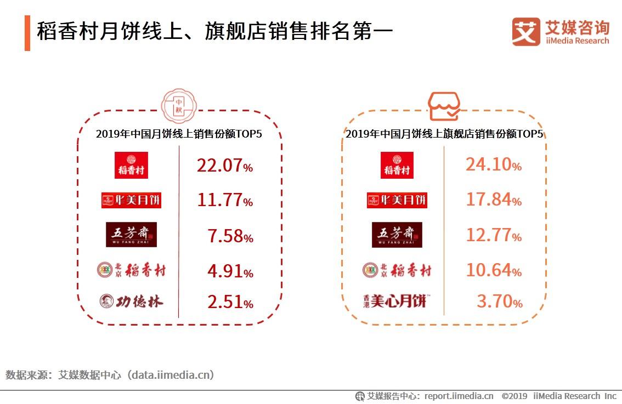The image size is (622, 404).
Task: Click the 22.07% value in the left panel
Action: [x=225, y=166]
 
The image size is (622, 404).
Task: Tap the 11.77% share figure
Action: [x=225, y=201]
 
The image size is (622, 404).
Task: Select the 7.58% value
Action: [x=230, y=236]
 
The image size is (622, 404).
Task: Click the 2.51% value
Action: [x=230, y=302]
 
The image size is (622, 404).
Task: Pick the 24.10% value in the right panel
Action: [x=494, y=164]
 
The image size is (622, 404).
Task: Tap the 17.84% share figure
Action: [x=494, y=200]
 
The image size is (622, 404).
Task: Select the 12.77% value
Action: [x=494, y=235]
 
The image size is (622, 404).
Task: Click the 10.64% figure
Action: [x=494, y=270]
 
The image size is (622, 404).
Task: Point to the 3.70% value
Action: [x=499, y=301]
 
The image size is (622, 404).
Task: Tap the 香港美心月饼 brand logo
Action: [x=395, y=300]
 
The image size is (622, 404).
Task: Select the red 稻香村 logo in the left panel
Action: [x=131, y=165]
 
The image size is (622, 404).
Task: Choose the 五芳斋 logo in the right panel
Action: [x=397, y=235]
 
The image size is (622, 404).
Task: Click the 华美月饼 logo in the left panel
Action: [x=132, y=200]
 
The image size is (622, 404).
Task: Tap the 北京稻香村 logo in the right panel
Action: [x=397, y=270]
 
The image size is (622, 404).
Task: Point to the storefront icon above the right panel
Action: [x=444, y=106]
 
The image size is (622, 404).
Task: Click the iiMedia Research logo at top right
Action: [x=561, y=32]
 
